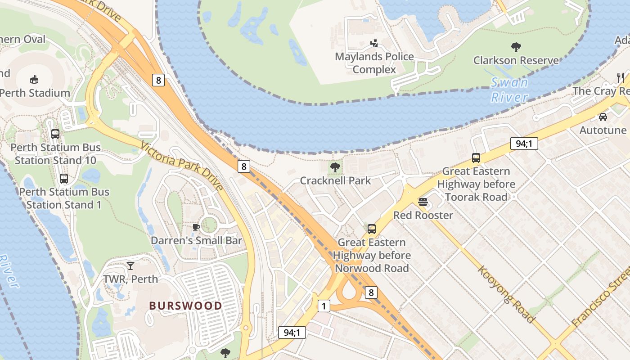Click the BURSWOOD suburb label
185,306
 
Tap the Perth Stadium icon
34,80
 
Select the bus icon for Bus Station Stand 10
55,134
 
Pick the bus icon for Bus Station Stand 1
64,179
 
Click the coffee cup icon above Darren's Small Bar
196,227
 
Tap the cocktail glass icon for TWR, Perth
130,266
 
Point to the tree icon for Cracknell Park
335,167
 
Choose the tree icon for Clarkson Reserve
516,47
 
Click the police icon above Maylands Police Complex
374,43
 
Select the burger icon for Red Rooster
423,202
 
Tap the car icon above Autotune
603,117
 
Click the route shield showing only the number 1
324,306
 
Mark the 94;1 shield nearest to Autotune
524,144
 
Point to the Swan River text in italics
509,90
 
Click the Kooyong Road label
506,294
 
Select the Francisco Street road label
601,297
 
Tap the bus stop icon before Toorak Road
476,158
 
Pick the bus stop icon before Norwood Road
371,229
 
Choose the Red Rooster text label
423,215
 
